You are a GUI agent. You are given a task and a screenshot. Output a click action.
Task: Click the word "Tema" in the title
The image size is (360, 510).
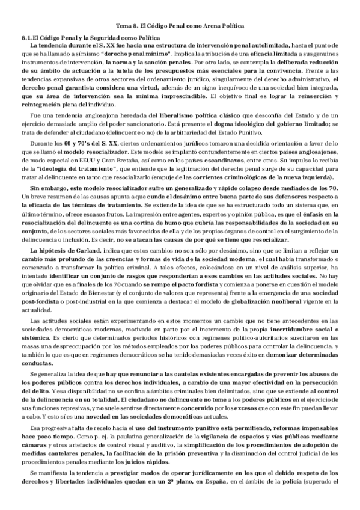(123, 26)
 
